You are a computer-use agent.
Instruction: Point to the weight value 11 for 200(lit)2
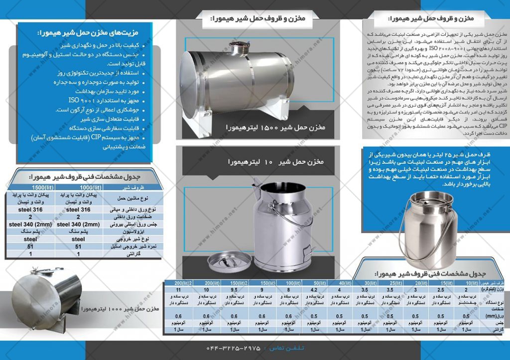coord(177,290)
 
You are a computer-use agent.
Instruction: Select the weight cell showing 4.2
coord(314,290)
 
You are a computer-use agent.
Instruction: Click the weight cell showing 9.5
coord(233,290)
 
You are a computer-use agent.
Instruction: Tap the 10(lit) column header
coord(468,283)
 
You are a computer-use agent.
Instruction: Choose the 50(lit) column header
coord(314,283)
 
